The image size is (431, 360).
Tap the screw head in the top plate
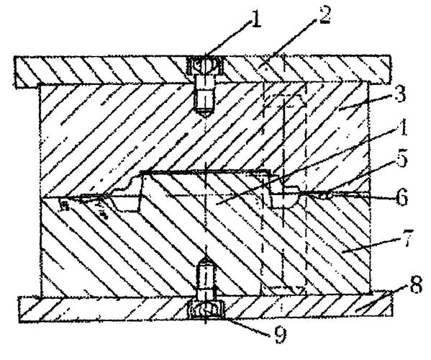point(205,66)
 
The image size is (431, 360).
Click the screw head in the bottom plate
point(206,310)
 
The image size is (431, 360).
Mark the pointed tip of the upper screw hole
point(205,117)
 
